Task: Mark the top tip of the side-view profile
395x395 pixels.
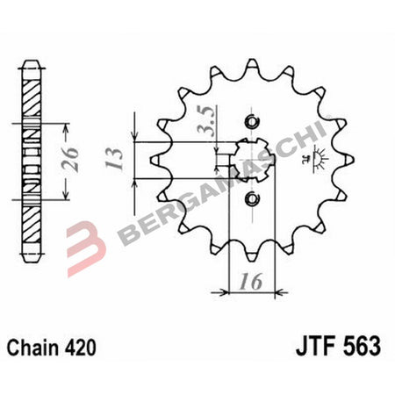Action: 32,61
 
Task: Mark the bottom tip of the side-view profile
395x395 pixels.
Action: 32,255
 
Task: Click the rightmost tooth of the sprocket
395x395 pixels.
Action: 351,161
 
